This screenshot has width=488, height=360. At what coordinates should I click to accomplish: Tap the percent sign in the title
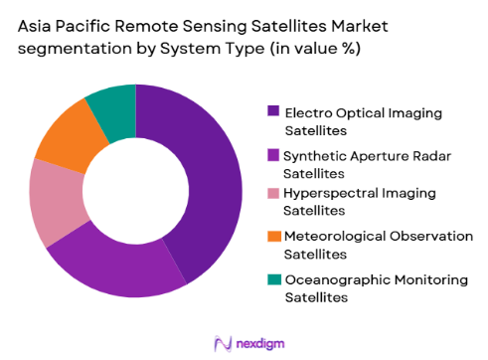[x=348, y=48]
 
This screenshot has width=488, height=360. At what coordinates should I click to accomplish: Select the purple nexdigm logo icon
[x=222, y=343]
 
